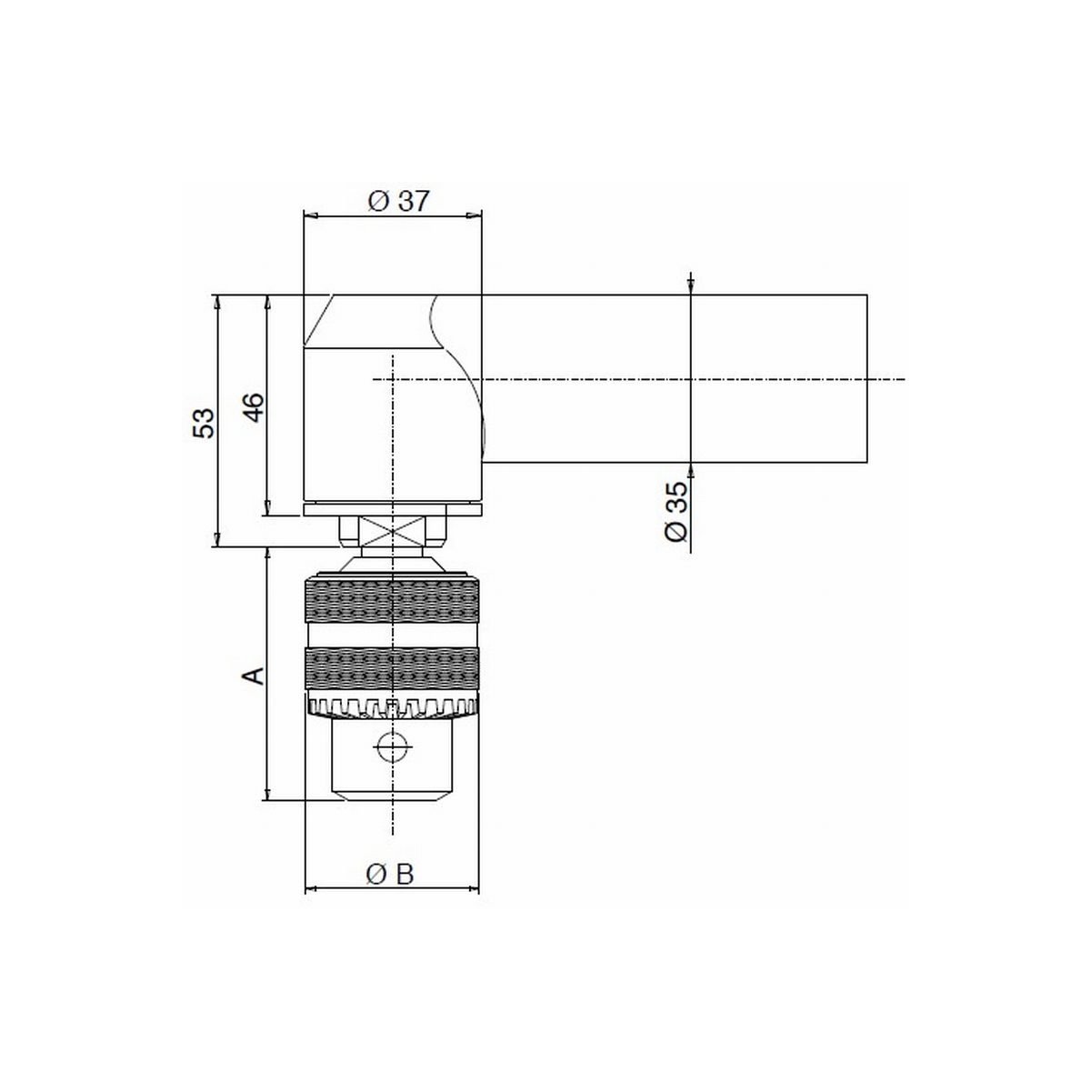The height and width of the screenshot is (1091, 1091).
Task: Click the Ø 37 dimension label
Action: pyautogui.click(x=399, y=201)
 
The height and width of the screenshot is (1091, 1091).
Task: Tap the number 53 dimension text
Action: pyautogui.click(x=205, y=423)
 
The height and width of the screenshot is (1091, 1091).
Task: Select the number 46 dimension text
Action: pyautogui.click(x=255, y=407)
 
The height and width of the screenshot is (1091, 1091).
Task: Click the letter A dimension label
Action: pyautogui.click(x=255, y=676)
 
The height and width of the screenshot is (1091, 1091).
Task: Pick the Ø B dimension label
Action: pyautogui.click(x=390, y=875)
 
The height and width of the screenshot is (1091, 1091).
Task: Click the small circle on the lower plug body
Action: pyautogui.click(x=393, y=746)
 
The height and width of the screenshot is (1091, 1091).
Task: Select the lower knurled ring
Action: pyautogui.click(x=392, y=668)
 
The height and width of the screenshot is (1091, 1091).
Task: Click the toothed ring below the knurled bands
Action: pyautogui.click(x=392, y=707)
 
